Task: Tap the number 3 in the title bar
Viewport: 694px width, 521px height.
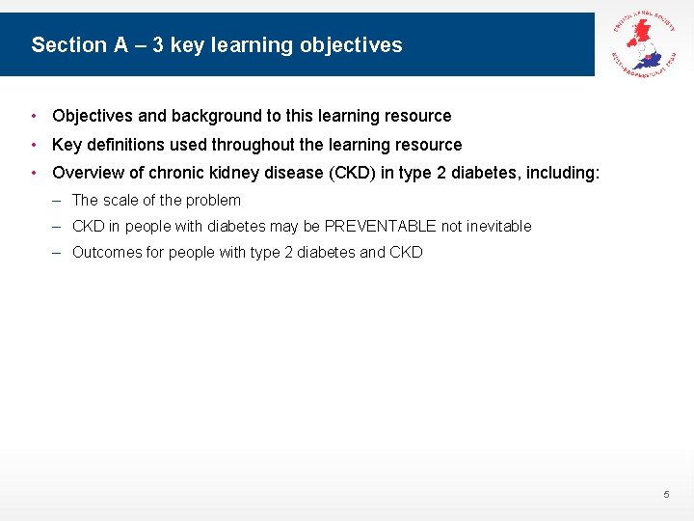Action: (158, 45)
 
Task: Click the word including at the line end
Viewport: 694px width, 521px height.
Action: (562, 173)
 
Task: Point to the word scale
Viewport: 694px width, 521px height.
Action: (120, 201)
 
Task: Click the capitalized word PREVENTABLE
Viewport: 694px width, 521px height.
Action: (380, 227)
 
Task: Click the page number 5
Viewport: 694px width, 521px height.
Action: (665, 495)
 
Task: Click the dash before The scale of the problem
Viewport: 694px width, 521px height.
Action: (59, 201)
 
